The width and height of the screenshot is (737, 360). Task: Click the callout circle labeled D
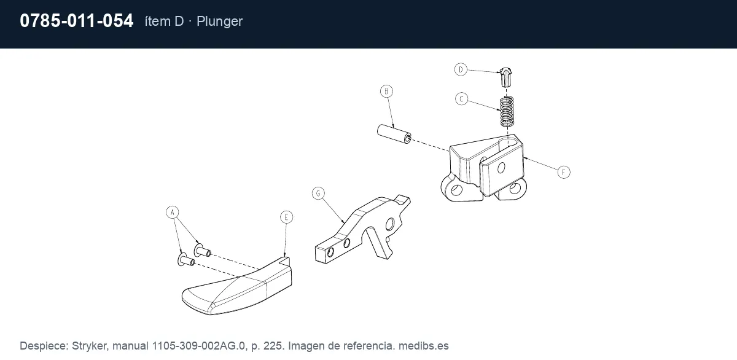461,69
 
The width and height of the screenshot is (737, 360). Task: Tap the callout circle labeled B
386,91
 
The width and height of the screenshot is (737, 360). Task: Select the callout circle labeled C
462,99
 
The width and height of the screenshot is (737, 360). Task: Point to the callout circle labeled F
564,172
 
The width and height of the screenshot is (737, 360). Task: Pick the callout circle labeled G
318,193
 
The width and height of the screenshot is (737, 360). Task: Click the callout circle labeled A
173,212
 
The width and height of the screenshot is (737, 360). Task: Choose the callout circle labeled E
286,217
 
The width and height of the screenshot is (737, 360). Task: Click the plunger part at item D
505,77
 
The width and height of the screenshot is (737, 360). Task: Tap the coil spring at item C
507,112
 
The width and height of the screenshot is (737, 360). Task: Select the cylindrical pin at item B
394,133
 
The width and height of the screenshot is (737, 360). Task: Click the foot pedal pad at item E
237,286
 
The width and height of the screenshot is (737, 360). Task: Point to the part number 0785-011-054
76,21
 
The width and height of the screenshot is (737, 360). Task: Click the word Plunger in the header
219,22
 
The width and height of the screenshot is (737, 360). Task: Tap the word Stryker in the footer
89,346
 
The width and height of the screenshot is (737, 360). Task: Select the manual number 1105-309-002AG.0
198,346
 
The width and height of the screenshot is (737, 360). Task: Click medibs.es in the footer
423,346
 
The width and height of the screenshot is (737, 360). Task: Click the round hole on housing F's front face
501,168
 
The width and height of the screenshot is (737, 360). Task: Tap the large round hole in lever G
390,224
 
